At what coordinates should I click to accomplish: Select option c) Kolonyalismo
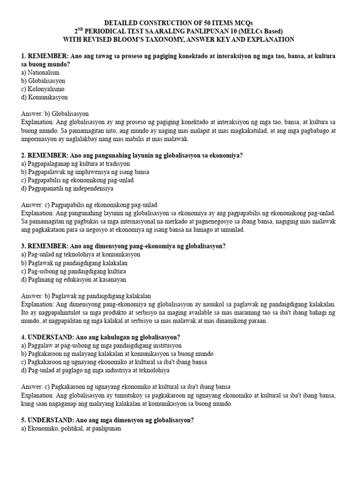(x=43, y=89)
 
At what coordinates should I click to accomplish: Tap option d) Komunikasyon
(x=45, y=97)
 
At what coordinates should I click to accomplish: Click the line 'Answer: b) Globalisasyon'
(x=55, y=114)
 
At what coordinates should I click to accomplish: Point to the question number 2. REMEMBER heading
(x=45, y=156)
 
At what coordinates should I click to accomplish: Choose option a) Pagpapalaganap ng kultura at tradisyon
(x=75, y=164)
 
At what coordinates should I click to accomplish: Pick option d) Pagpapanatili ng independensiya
(x=67, y=188)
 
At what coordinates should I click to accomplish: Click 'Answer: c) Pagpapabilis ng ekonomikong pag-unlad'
(x=89, y=205)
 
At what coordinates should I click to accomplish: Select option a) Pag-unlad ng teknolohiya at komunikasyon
(x=81, y=254)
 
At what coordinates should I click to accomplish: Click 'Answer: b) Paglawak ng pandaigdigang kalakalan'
(x=86, y=296)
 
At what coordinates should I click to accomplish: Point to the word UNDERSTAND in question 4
(x=48, y=337)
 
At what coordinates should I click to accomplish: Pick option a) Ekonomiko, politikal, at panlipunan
(x=71, y=428)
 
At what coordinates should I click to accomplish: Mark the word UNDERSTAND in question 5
(x=48, y=420)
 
